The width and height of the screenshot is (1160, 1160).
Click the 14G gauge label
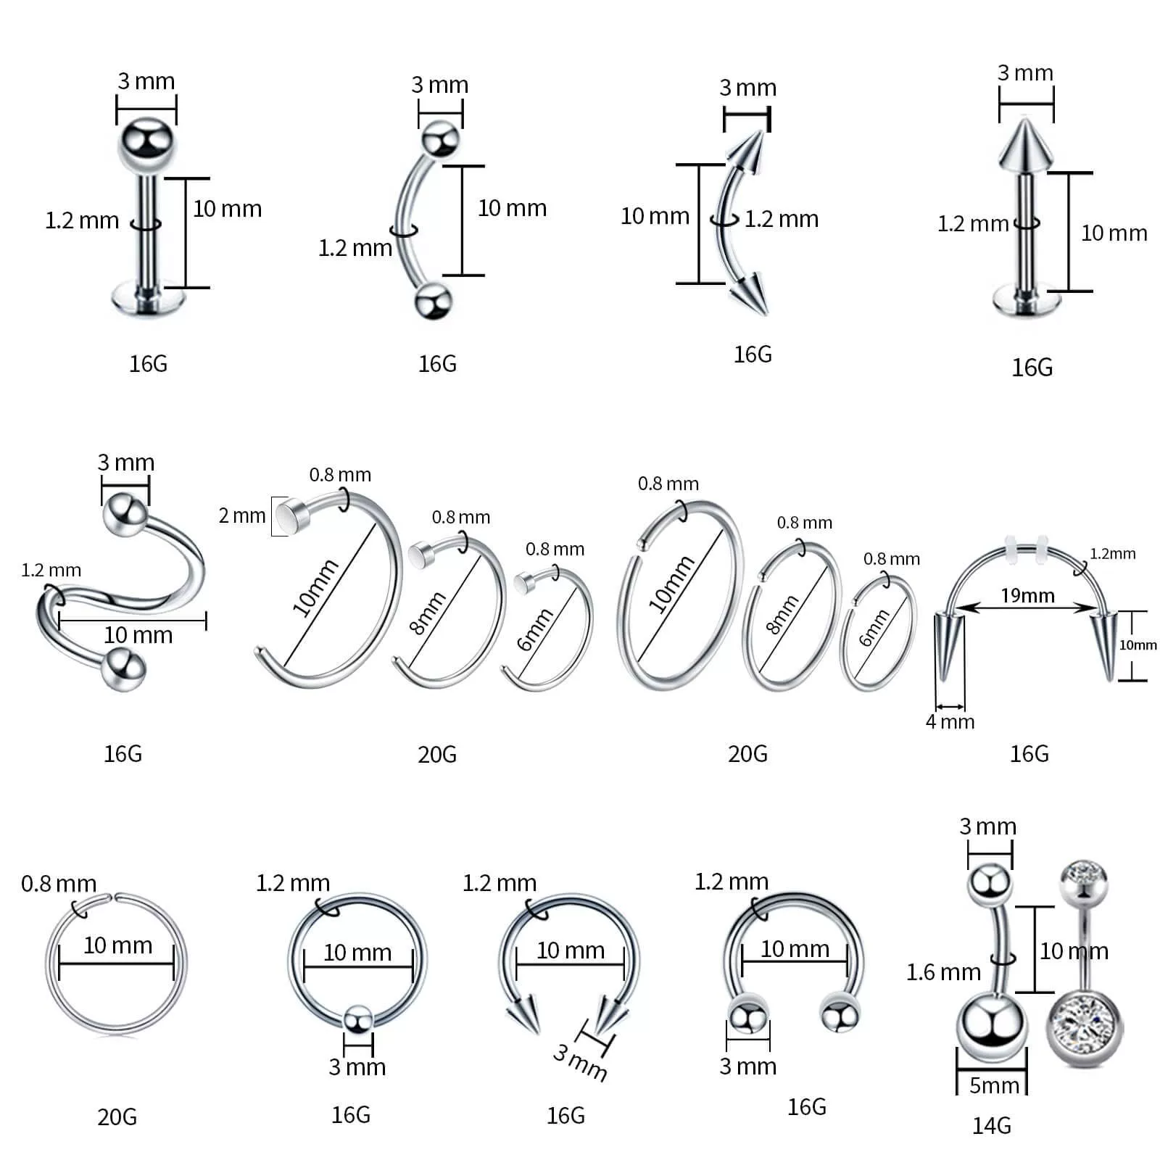991,1125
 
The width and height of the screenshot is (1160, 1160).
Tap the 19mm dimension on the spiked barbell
1027,595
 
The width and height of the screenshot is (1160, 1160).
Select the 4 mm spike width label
950,721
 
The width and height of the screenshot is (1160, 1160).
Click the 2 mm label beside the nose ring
242,515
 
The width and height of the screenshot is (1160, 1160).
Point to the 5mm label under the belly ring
994,1085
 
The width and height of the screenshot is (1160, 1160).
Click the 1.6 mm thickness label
943,971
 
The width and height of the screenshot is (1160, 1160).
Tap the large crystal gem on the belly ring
1083,1029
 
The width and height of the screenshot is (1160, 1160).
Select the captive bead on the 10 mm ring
357,1020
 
